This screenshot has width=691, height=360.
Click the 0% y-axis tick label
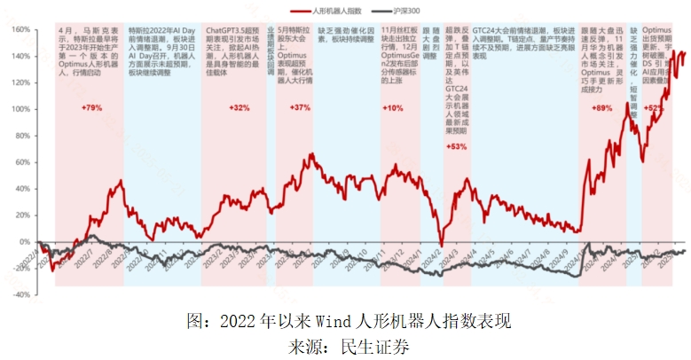tap(24, 241)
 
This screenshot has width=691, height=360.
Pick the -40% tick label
tap(20, 294)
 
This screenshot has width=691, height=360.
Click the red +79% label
tap(91, 107)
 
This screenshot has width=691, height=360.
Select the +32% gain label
tap(239, 107)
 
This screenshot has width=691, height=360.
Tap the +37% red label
tap(300, 107)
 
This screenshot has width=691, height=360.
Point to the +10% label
tap(392, 107)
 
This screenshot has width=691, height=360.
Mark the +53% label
tap(455, 146)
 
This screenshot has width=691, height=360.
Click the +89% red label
tap(602, 107)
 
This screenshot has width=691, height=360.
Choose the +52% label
tap(655, 107)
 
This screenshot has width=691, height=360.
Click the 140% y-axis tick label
tap(20, 55)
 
